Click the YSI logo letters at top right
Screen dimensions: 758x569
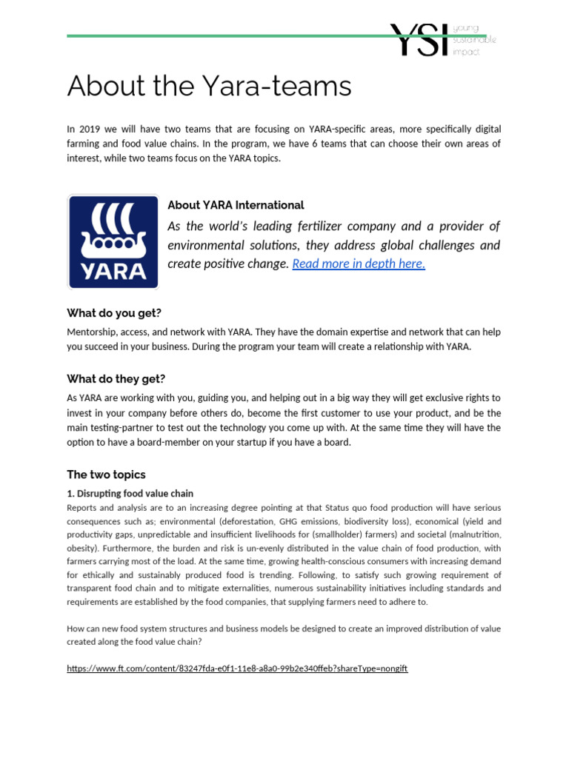tap(419, 39)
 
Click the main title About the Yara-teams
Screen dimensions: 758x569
tap(209, 87)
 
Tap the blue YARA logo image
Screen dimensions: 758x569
tap(113, 241)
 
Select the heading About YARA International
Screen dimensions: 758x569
tap(236, 205)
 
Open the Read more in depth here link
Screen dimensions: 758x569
tap(359, 264)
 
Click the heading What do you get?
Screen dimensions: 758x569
tap(113, 313)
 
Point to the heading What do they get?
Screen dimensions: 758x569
tap(116, 379)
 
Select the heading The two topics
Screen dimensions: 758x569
tap(106, 474)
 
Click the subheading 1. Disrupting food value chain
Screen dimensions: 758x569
tap(130, 493)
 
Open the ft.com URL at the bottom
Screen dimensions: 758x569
tap(237, 668)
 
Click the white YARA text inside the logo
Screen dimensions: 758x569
tap(113, 270)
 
